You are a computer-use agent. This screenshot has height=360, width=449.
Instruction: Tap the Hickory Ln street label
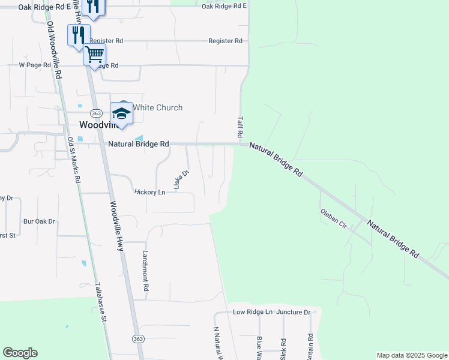coord(149,192)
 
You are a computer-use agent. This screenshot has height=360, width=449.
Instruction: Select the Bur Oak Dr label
coord(39,221)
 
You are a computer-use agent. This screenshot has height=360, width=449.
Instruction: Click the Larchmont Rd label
coord(145,271)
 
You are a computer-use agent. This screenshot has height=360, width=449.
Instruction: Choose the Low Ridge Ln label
coord(253,312)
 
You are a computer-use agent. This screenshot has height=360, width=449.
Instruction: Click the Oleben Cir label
coord(334,219)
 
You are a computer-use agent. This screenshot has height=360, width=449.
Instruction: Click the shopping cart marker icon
coord(94,55)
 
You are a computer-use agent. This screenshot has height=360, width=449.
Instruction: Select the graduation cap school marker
coord(121,113)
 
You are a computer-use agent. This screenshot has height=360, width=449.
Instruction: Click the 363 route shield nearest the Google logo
coord(138,339)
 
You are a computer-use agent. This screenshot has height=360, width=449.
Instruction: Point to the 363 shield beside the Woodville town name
coord(96,113)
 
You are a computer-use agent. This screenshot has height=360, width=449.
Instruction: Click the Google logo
coord(20,353)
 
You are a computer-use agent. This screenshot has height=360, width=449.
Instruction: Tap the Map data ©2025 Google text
coord(411,355)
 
